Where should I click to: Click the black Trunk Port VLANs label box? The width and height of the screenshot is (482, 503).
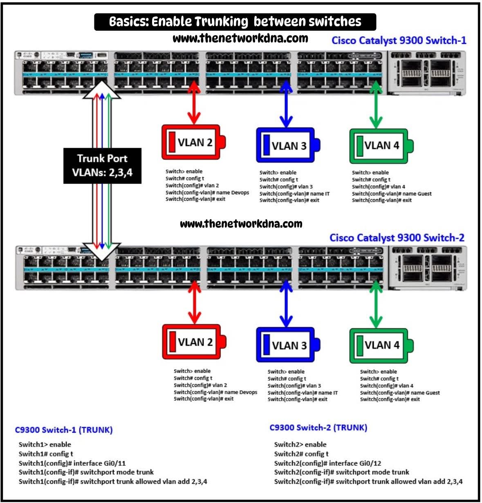[102, 165]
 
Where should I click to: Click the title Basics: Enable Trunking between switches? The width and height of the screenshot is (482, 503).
[235, 22]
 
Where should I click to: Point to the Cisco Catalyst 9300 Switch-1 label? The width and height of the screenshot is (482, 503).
[399, 40]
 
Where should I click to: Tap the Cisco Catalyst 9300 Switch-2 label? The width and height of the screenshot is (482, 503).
[397, 238]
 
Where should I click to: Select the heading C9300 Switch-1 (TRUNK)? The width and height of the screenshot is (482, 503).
[64, 430]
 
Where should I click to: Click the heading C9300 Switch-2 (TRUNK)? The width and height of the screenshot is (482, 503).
[318, 428]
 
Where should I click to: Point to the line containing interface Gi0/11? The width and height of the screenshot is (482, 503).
[72, 463]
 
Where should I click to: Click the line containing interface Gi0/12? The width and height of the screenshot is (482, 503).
[327, 463]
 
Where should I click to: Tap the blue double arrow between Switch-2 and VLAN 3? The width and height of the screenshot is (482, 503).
[286, 303]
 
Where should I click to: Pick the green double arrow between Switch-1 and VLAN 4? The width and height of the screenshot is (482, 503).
[376, 104]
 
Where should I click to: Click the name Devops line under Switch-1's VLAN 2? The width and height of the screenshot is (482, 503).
[207, 192]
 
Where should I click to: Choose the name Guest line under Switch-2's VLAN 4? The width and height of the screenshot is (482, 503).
[399, 393]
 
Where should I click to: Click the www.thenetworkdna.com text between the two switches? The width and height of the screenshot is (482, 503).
[241, 224]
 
